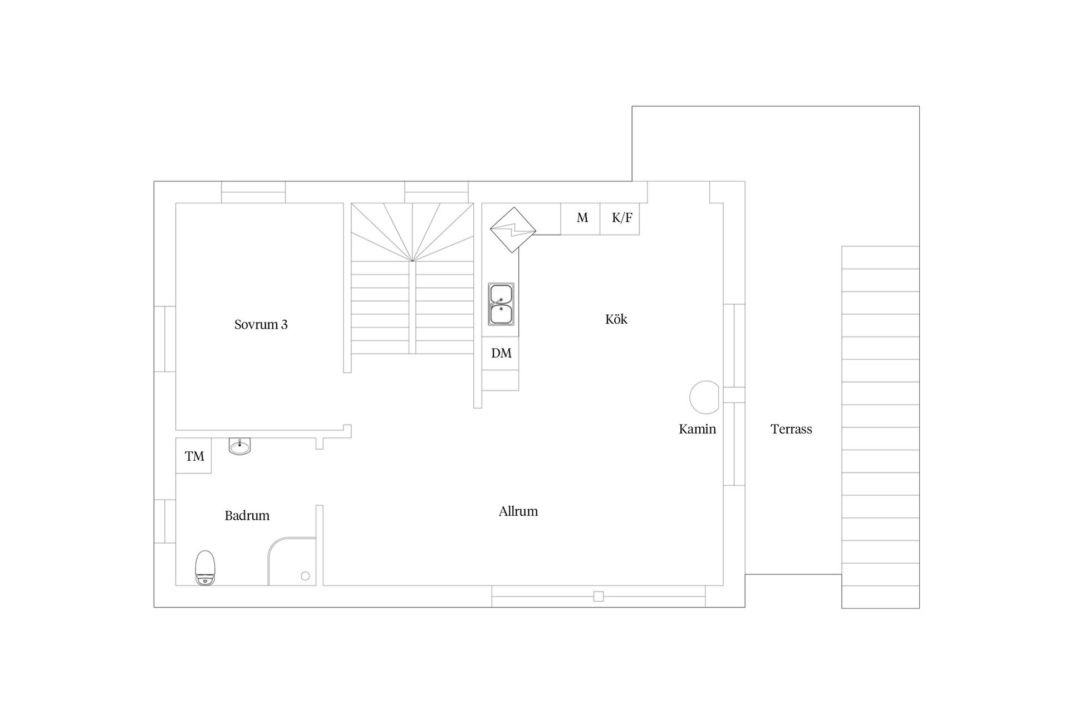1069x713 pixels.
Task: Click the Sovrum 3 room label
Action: click(x=261, y=325)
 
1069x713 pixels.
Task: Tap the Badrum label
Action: click(x=247, y=516)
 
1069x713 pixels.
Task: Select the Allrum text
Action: click(x=518, y=511)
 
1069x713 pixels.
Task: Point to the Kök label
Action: click(x=616, y=319)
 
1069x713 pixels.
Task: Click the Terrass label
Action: click(x=791, y=429)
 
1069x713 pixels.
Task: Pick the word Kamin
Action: click(x=697, y=429)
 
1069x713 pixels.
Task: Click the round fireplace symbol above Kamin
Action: click(x=705, y=397)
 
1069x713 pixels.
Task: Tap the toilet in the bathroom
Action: click(x=205, y=567)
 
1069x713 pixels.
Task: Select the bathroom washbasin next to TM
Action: click(x=240, y=446)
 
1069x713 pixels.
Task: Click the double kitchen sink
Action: click(x=501, y=304)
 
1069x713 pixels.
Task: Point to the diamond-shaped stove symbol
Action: click(x=513, y=229)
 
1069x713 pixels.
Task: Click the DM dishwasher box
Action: click(x=501, y=353)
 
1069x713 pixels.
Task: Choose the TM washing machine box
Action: click(x=194, y=456)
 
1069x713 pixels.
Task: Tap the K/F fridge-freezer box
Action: click(x=621, y=218)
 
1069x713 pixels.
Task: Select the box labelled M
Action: click(x=581, y=218)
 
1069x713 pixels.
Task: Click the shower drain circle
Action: click(x=305, y=576)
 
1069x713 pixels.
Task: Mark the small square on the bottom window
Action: click(x=599, y=597)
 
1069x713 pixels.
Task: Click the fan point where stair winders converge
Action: click(x=412, y=261)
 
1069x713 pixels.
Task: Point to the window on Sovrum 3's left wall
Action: click(x=165, y=338)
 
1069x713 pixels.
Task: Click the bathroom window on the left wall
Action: click(x=165, y=521)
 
